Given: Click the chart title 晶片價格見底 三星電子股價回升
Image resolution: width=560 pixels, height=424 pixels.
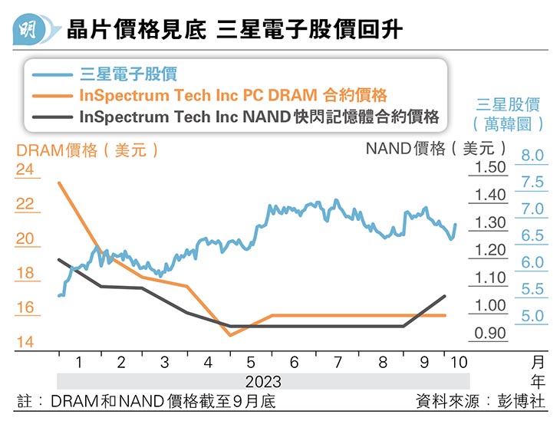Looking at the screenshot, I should point(234,30).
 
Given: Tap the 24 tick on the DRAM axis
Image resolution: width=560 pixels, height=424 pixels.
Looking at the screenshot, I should point(25,169).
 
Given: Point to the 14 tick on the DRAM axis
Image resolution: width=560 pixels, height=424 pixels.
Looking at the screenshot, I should point(25,342).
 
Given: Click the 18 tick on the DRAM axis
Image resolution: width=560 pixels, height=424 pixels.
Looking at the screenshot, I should point(25,273).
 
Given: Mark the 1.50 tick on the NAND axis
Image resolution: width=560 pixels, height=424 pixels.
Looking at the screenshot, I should point(491,167).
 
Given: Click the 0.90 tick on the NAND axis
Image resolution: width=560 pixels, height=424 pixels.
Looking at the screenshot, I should point(491,334).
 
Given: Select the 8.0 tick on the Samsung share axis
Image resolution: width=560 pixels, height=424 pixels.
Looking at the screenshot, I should point(532,156).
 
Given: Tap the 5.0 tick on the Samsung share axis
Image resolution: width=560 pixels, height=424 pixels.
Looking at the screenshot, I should point(532,316).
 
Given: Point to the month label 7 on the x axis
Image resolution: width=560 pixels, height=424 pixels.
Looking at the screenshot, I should point(338,362).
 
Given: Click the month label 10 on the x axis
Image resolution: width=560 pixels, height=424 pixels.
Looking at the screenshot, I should point(458,362).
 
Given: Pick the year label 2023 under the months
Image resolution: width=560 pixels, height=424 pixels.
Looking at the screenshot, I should point(263,381).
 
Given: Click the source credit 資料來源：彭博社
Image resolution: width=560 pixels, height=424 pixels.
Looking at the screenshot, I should point(480,401).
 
